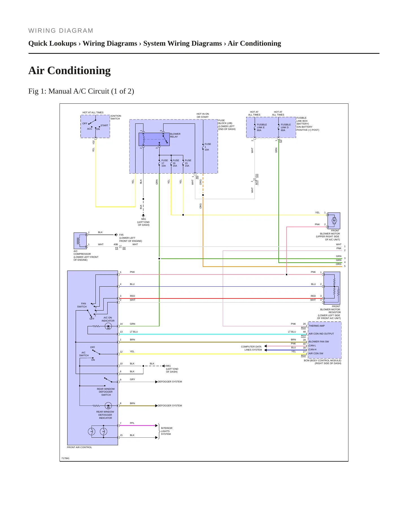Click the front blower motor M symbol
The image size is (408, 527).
[334, 221]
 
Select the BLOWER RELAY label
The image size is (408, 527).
[175, 135]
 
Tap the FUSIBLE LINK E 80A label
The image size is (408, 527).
[262, 127]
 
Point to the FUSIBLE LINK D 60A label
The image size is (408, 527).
[286, 127]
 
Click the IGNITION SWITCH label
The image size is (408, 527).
[116, 117]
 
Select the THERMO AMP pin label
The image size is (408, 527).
[317, 326]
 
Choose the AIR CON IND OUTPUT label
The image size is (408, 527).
[321, 334]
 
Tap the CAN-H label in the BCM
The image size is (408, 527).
[312, 349]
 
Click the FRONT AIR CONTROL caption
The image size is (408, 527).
[79, 447]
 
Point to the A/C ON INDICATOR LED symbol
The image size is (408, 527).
[108, 326]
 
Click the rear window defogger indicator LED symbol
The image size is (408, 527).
[108, 406]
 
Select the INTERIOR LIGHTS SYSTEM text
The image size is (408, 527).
[166, 431]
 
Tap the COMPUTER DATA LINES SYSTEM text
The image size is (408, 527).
[251, 348]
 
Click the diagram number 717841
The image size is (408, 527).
[65, 458]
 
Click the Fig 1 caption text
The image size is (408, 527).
[81, 91]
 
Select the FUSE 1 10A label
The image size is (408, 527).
[208, 147]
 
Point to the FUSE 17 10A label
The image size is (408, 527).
[164, 163]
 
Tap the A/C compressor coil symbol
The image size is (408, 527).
[79, 241]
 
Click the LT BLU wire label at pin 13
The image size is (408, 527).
[134, 332]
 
